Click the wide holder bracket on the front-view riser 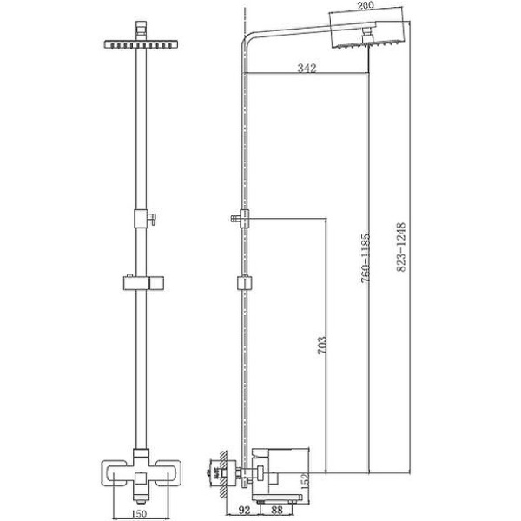[x=138, y=283]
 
